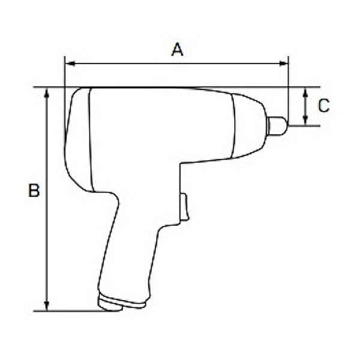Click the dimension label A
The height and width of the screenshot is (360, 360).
click(177, 49)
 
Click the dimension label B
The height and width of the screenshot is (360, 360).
click(34, 191)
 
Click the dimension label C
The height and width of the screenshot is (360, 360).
click(323, 106)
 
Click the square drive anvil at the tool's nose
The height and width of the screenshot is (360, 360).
click(277, 126)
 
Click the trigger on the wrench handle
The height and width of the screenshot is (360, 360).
click(184, 208)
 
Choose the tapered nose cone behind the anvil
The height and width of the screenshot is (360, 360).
click(248, 125)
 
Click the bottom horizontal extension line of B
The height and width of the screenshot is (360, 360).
click(72, 311)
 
